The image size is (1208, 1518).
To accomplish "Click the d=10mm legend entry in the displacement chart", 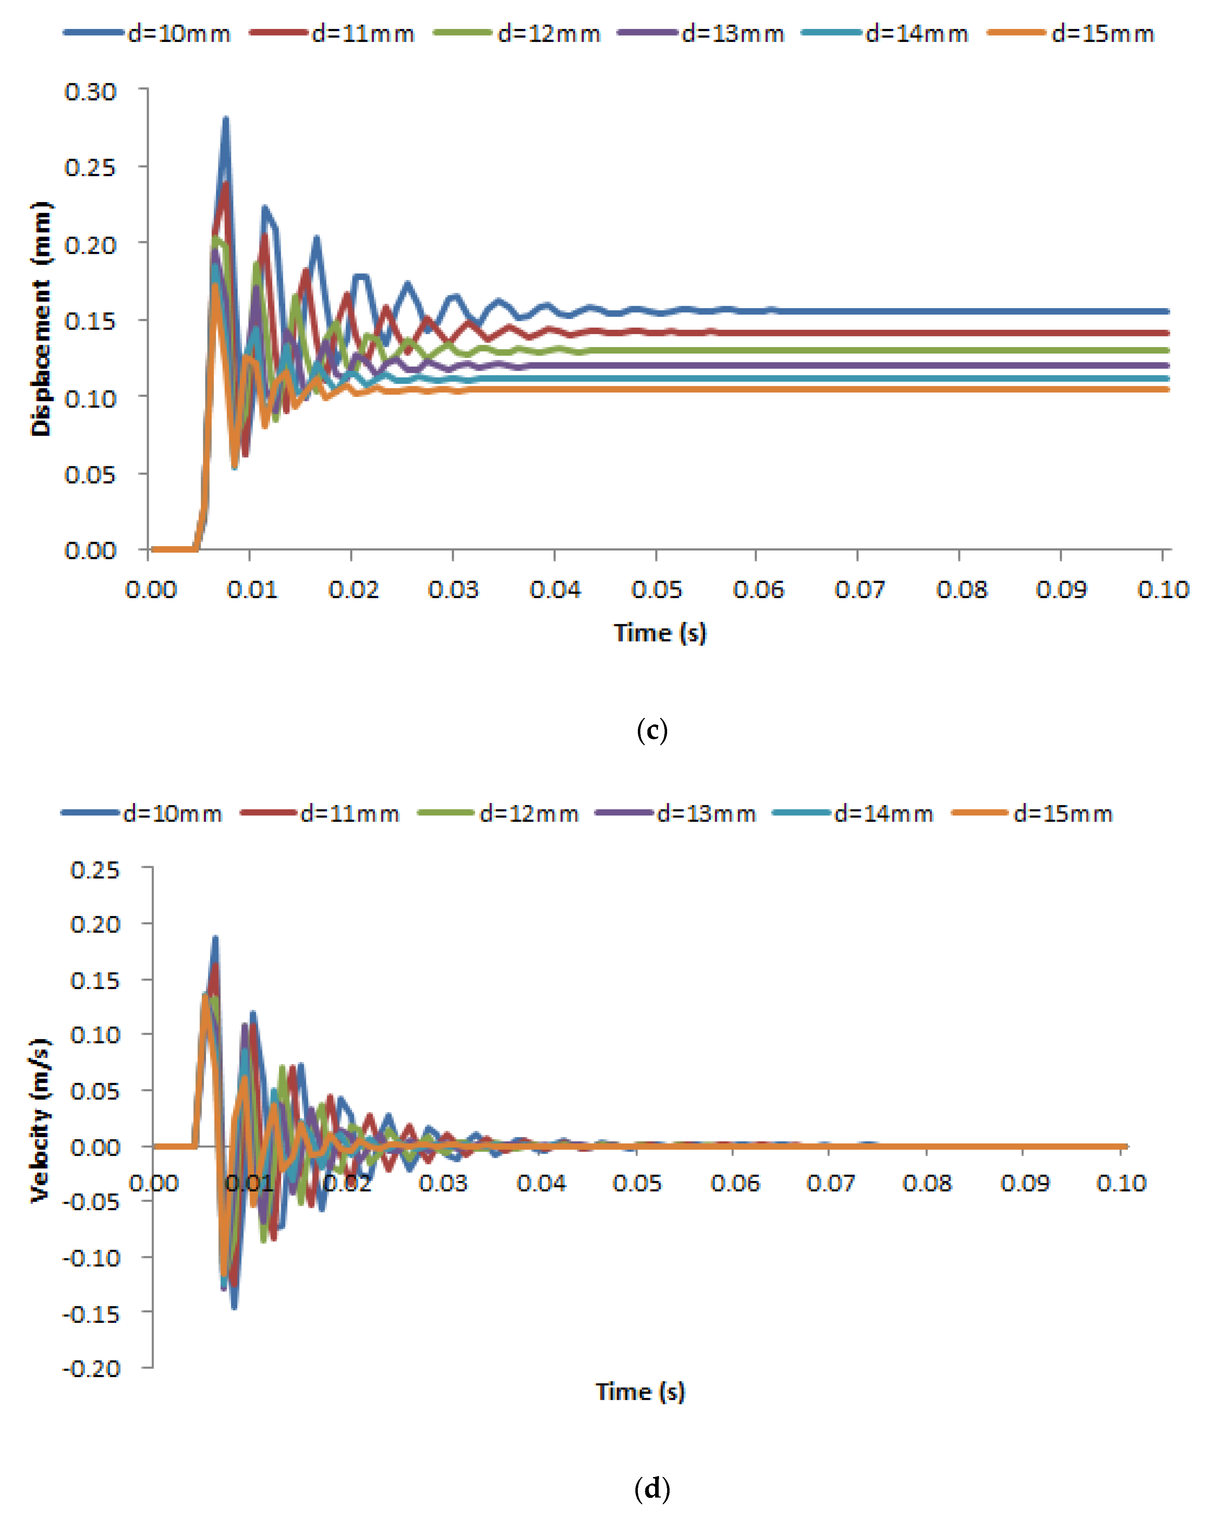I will tap(148, 33).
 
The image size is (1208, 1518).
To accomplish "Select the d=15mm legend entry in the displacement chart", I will tap(1072, 33).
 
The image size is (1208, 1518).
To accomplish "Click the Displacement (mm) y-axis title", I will tap(41, 319).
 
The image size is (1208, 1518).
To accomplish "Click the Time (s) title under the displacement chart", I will tap(660, 632).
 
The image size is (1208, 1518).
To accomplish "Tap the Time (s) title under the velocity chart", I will tap(640, 1391).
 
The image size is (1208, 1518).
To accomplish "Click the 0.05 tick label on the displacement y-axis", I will tap(90, 474).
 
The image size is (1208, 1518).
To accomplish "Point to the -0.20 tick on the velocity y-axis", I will tap(92, 1368).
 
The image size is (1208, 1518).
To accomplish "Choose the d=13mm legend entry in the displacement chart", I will tap(701, 33).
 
